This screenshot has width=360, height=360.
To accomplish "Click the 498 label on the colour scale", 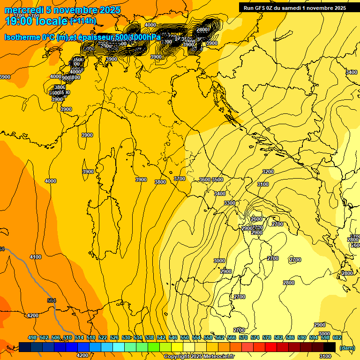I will (x=32, y=337).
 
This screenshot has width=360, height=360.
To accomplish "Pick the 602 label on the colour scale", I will (x=337, y=337).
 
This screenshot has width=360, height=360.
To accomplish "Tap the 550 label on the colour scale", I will (x=185, y=337).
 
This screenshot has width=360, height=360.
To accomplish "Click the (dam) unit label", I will (x=347, y=348).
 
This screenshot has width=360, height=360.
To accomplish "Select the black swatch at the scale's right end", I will (x=330, y=347).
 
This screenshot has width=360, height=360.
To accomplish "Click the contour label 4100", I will (x=36, y=257).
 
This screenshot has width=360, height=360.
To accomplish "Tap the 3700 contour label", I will (x=180, y=179).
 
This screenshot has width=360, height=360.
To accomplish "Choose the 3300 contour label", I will (x=230, y=203).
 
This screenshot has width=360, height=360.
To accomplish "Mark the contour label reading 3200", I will (x=268, y=172).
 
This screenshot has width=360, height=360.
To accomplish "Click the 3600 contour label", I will (x=205, y=180).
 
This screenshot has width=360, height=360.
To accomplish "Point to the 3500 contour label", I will (x=217, y=180).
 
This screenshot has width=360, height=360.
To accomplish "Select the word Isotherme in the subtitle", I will (x=22, y=37).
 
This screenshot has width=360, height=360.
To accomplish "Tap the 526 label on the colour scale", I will (x=114, y=337).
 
